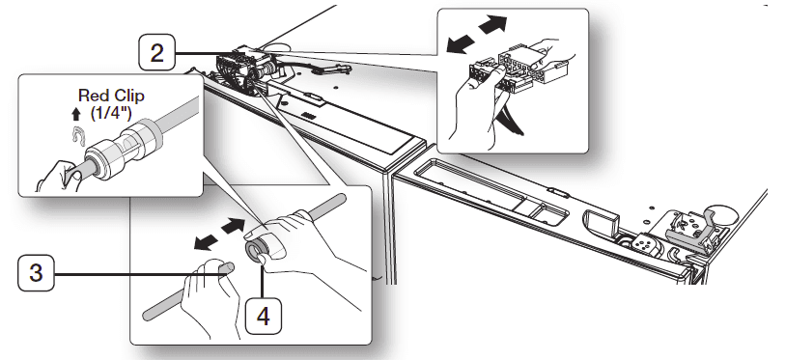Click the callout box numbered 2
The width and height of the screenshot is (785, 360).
coord(156,52)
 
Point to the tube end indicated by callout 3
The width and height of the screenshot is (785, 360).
coord(223,272)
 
